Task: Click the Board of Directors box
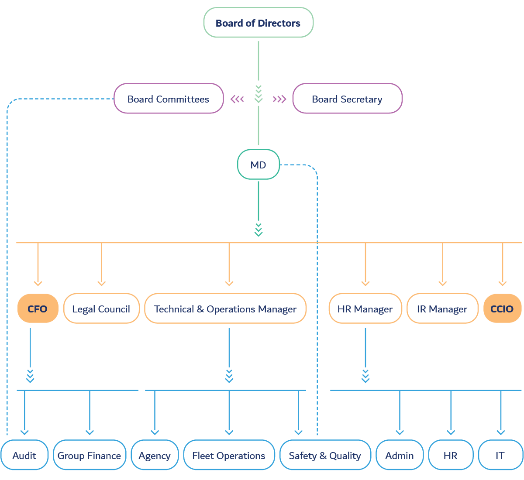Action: (258, 23)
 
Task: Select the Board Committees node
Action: (168, 99)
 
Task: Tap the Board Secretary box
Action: (347, 99)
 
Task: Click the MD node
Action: (258, 165)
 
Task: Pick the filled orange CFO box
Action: (38, 309)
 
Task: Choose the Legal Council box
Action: (101, 309)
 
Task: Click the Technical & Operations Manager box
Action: (225, 309)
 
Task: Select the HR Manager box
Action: (365, 309)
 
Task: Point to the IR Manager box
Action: (442, 309)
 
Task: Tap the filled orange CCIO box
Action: (502, 309)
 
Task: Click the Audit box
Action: (24, 455)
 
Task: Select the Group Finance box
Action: (90, 455)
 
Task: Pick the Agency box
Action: (155, 455)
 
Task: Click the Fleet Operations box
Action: (229, 455)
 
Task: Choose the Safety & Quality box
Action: (325, 455)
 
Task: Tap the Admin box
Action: (400, 455)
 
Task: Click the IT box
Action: (500, 455)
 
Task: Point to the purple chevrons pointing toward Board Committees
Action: (237, 99)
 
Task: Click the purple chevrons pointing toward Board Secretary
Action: (279, 99)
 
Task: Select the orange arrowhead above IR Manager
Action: (442, 283)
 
